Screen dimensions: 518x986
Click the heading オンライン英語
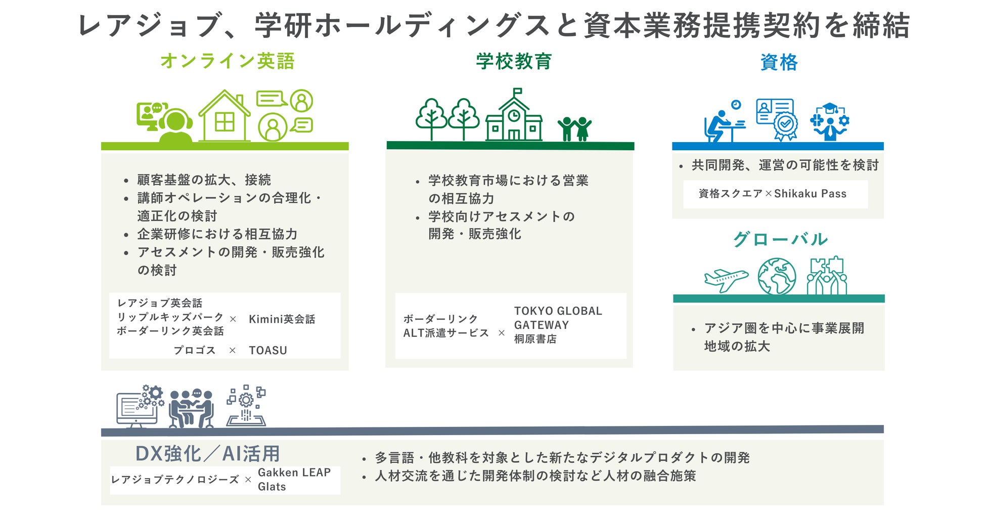tap(227, 61)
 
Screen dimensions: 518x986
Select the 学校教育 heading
tap(513, 62)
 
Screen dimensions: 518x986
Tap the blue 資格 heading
tap(779, 63)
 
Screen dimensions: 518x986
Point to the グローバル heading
tap(780, 239)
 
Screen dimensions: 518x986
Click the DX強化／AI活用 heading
tap(207, 454)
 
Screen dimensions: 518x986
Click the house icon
tap(224, 116)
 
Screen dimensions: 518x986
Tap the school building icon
tap(514, 116)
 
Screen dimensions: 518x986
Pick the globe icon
tap(777, 276)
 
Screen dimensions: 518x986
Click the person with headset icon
tap(175, 126)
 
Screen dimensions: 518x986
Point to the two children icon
tap(574, 128)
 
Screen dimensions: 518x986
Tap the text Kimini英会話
tap(282, 319)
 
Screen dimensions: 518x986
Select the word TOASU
tap(267, 350)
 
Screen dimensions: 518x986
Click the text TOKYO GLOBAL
tap(558, 311)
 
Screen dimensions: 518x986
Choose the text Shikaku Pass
tap(810, 194)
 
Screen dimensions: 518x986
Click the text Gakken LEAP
tap(294, 472)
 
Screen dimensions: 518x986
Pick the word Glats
tap(272, 487)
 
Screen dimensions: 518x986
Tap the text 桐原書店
tap(535, 339)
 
